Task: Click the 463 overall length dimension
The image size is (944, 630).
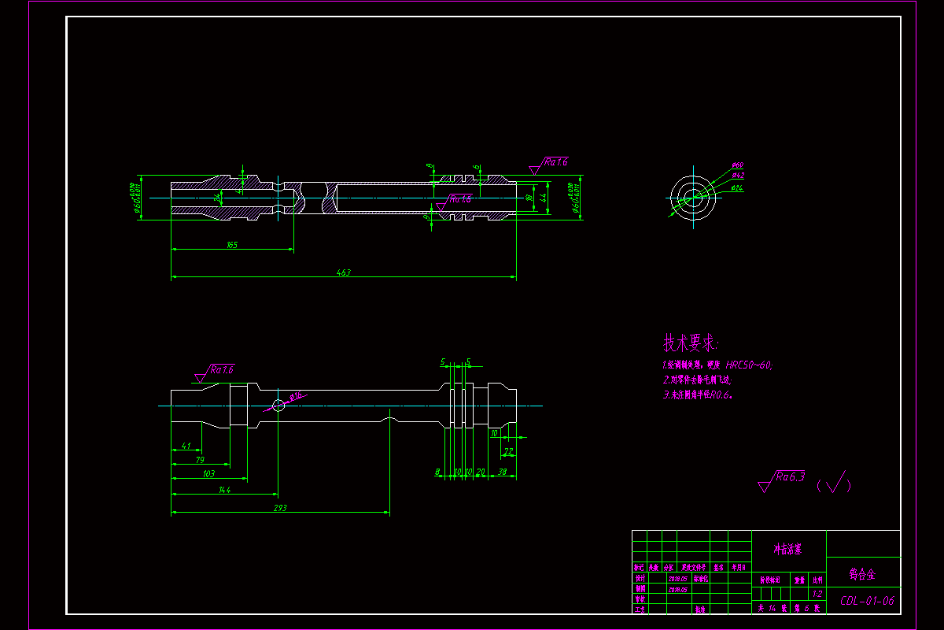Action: tap(344, 272)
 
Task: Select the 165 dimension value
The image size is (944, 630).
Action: tap(232, 246)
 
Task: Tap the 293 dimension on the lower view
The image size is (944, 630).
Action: tap(280, 508)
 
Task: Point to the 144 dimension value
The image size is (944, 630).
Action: tap(225, 490)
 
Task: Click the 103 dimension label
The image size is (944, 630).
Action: tap(208, 474)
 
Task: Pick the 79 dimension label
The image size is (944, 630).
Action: tap(200, 460)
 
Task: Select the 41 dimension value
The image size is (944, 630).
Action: tap(186, 446)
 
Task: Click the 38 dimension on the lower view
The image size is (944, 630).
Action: tap(502, 472)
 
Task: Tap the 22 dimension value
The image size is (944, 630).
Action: tap(508, 452)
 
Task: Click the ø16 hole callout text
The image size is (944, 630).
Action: tap(297, 396)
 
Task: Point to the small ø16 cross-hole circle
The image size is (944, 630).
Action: tap(278, 406)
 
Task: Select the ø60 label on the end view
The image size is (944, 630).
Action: tap(738, 165)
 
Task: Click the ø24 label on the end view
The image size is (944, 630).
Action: tap(738, 187)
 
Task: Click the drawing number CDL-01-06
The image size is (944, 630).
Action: tap(867, 601)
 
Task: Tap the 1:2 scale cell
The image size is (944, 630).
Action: tap(817, 595)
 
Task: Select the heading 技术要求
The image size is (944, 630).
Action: tap(691, 343)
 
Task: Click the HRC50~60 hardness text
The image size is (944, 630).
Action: tap(749, 365)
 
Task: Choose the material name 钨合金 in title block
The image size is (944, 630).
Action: tap(863, 573)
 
